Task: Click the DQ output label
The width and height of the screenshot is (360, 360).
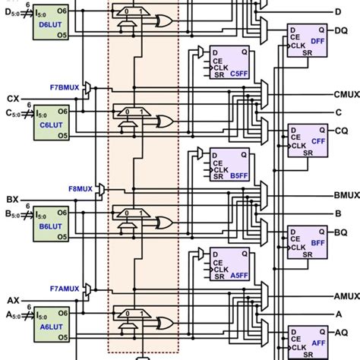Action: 342,30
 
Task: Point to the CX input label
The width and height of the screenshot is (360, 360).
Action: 14,99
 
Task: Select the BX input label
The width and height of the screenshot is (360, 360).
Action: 14,200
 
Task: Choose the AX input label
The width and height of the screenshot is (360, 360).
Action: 14,301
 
